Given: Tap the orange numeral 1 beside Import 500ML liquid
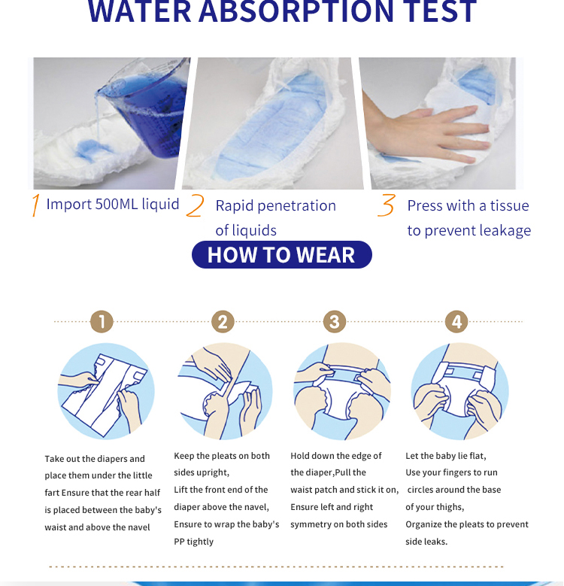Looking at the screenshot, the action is pyautogui.click(x=35, y=205).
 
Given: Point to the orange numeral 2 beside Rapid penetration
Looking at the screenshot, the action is pyautogui.click(x=196, y=205).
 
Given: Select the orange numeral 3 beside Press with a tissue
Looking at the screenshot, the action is pyautogui.click(x=387, y=205).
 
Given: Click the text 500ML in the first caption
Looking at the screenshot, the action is pyautogui.click(x=117, y=204).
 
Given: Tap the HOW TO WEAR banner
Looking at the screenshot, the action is pyautogui.click(x=282, y=254).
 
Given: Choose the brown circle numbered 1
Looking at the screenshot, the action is pyautogui.click(x=102, y=321).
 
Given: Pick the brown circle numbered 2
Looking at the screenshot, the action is pyautogui.click(x=223, y=321).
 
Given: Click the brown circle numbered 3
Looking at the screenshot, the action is pyautogui.click(x=335, y=321).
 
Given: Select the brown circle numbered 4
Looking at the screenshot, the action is pyautogui.click(x=456, y=321).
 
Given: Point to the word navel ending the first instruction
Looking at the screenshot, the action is pyautogui.click(x=138, y=527).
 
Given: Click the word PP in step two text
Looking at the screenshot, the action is pyautogui.click(x=180, y=542).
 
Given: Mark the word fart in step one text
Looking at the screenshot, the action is pyautogui.click(x=52, y=493).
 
